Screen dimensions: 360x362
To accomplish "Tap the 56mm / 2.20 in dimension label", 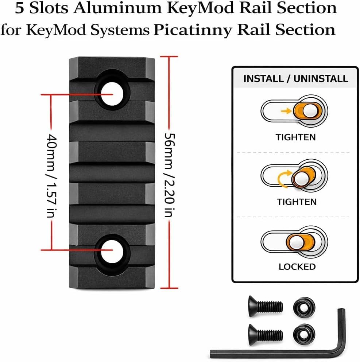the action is [170, 175].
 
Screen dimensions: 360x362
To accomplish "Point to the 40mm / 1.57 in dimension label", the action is [52, 176].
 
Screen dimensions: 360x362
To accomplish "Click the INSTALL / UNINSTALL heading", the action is [295, 79].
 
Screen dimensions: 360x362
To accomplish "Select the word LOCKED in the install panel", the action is [297, 266].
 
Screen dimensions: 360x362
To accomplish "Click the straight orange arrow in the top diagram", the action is [286, 111].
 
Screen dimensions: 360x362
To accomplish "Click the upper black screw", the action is [265, 306].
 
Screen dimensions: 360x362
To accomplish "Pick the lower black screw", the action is [265, 335].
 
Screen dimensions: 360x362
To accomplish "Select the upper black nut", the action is [304, 307].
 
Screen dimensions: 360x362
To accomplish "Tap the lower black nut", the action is [304, 334].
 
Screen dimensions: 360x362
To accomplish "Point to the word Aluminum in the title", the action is [117, 8].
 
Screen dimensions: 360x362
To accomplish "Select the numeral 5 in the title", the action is [20, 8].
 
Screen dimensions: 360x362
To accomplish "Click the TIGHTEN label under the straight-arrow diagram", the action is [295, 137].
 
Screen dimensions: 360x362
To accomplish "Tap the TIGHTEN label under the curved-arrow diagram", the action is [297, 202].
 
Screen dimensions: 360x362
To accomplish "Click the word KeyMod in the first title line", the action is [200, 8].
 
